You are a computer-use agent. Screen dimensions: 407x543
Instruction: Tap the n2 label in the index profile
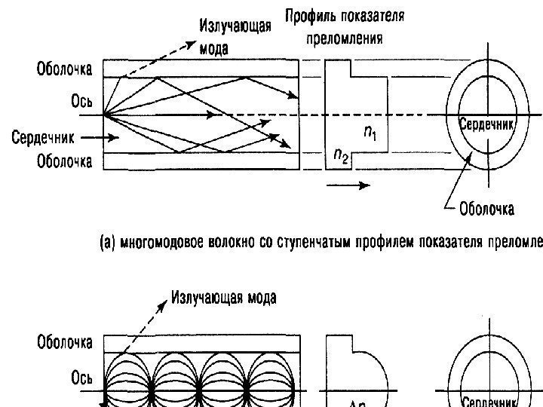click(x=340, y=157)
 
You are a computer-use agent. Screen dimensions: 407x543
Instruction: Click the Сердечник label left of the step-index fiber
click(x=42, y=138)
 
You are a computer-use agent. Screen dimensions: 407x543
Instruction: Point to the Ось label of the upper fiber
click(x=81, y=102)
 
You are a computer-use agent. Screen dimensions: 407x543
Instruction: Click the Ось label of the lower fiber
click(x=81, y=378)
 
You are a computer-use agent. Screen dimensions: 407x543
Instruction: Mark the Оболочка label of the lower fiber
click(x=65, y=343)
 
